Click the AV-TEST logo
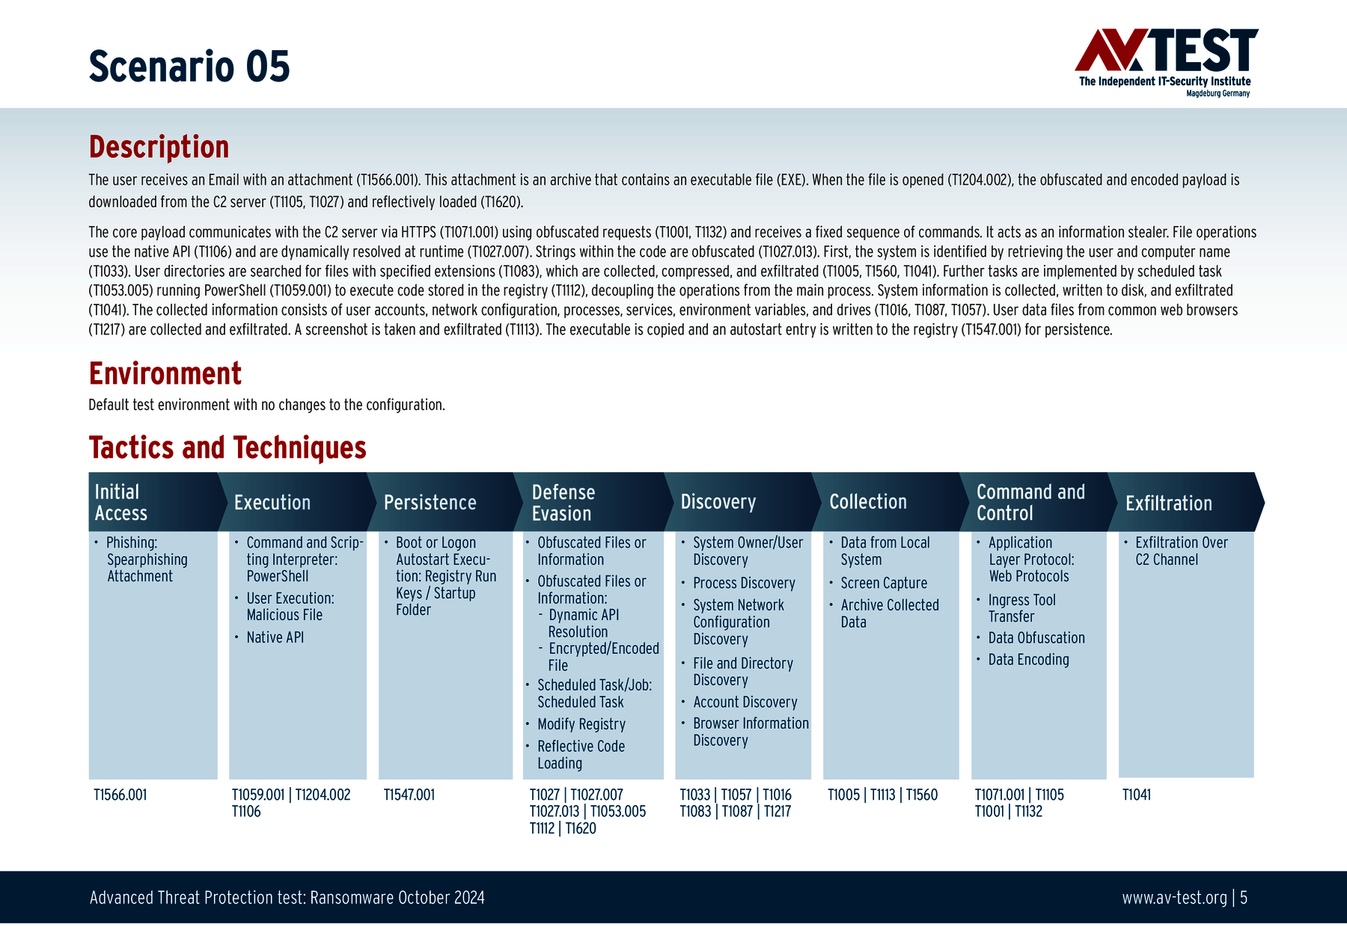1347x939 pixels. coord(1166,63)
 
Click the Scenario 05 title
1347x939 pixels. coord(189,66)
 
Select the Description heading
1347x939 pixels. coord(159,147)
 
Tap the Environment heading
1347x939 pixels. coord(165,373)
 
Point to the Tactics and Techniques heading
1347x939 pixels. coord(227,447)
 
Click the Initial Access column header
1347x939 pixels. coord(121,502)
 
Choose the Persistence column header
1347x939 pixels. coord(430,502)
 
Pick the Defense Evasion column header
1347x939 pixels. coord(563,502)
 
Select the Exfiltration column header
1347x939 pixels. coord(1169,503)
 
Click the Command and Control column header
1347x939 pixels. coord(1030,502)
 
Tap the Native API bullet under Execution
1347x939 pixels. coord(275,637)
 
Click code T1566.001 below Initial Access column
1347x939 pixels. coord(120,795)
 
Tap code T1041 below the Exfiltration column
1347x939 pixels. coord(1137,795)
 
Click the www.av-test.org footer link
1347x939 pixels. coord(1174,897)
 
